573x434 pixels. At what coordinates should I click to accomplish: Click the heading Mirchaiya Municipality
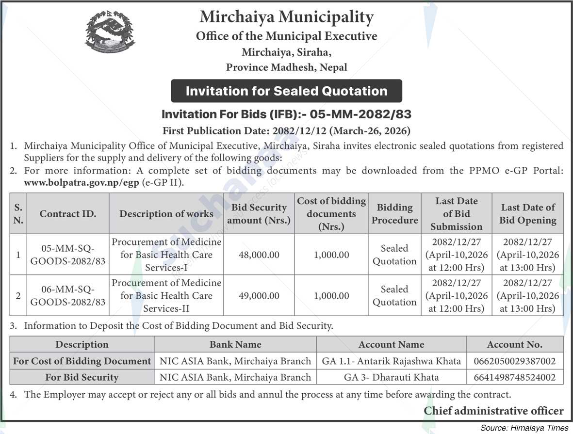pyautogui.click(x=286, y=17)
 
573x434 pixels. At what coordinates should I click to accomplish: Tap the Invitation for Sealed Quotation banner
pyautogui.click(x=286, y=91)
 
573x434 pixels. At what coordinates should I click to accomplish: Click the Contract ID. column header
pyautogui.click(x=68, y=214)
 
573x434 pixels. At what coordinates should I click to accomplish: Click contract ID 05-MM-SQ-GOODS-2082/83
pyautogui.click(x=68, y=255)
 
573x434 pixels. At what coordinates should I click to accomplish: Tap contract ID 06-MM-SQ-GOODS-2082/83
pyautogui.click(x=68, y=296)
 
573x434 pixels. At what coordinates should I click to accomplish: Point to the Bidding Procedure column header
pyautogui.click(x=394, y=214)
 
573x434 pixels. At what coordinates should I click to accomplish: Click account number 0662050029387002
pyautogui.click(x=515, y=361)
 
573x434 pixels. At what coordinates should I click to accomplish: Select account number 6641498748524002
pyautogui.click(x=515, y=377)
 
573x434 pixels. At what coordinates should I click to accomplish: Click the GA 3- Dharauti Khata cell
pyautogui.click(x=391, y=377)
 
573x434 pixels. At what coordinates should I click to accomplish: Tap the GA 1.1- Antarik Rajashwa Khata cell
pyautogui.click(x=391, y=361)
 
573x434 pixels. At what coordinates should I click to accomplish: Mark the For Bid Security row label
pyautogui.click(x=82, y=377)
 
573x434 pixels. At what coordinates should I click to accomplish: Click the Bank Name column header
pyautogui.click(x=235, y=345)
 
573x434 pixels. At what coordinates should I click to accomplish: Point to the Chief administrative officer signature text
pyautogui.click(x=493, y=411)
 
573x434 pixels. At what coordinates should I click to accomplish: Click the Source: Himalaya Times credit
pyautogui.click(x=524, y=428)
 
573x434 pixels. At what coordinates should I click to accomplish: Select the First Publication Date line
pyautogui.click(x=286, y=130)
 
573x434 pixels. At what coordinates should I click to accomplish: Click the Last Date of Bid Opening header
pyautogui.click(x=528, y=214)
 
